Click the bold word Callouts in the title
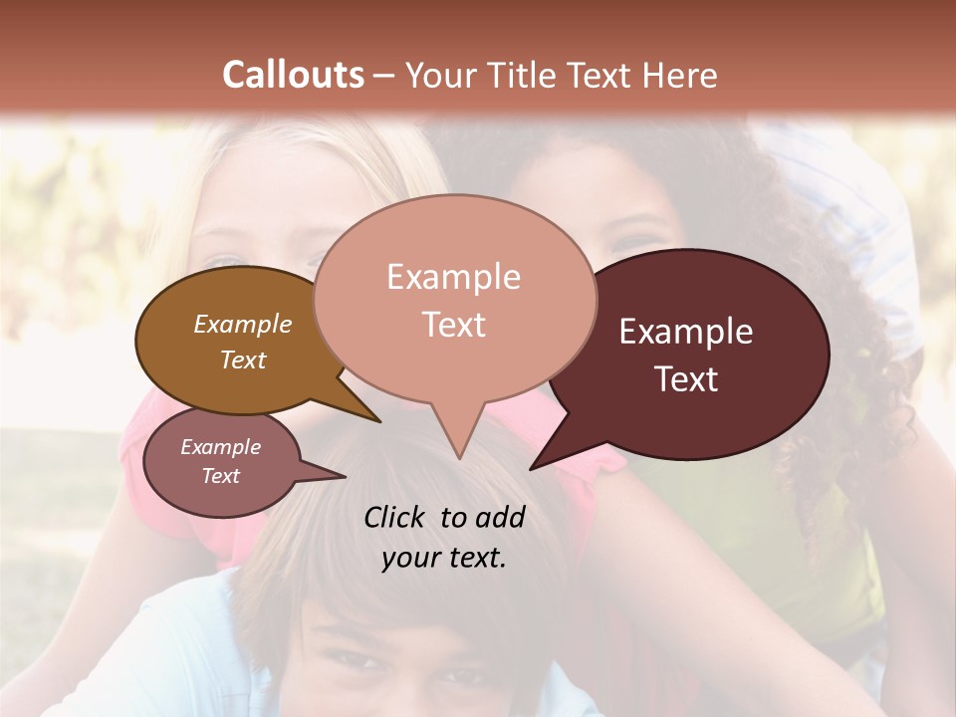pos(293,75)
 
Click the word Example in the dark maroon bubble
pos(686,332)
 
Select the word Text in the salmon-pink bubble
pos(453,325)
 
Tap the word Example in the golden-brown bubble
pos(243,324)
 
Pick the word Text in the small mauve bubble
pos(221,476)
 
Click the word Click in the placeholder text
pos(395,517)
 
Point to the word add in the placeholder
pos(500,517)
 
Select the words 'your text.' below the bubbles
pos(444,558)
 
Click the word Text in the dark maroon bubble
pos(687,379)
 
